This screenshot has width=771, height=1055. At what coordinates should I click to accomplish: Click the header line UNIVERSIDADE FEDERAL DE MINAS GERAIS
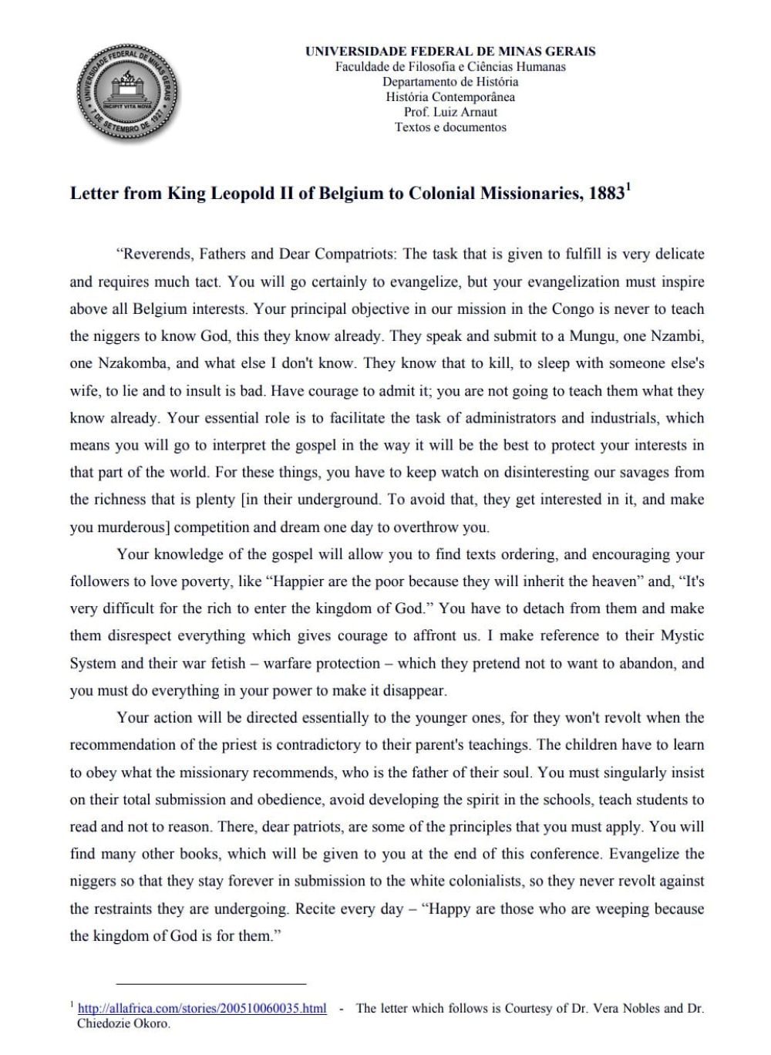point(450,52)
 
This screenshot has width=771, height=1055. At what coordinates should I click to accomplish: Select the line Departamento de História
point(450,82)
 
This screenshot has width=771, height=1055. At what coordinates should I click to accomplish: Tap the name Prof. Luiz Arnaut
point(450,112)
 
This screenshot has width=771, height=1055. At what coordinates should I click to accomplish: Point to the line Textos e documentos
point(450,127)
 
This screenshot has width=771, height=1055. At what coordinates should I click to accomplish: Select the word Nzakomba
point(126,363)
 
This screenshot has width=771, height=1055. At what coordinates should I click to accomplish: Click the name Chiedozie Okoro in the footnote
point(123,1024)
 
